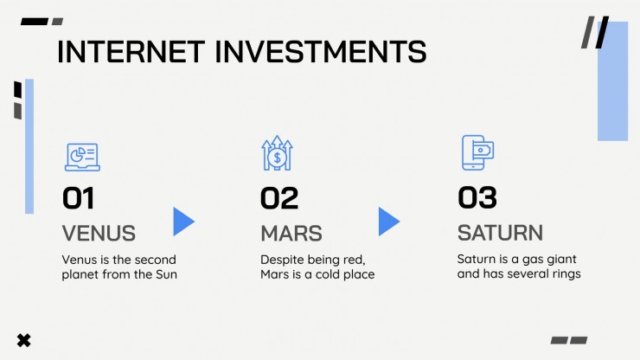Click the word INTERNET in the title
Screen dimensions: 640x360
[131, 52]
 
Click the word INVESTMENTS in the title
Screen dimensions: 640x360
[321, 52]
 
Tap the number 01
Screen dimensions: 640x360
[79, 198]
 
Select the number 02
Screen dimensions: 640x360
[279, 198]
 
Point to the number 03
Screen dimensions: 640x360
[477, 197]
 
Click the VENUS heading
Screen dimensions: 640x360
[99, 234]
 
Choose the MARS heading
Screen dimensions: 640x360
[291, 234]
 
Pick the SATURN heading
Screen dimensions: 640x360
[500, 233]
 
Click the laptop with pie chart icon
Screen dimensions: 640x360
[82, 157]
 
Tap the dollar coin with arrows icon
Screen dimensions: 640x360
[277, 153]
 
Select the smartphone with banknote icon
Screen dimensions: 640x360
[477, 152]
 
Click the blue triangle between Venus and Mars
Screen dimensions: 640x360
[183, 222]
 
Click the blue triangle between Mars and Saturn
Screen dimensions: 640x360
[389, 222]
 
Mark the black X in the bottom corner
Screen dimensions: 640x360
[23, 340]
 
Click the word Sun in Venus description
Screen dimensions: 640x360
[166, 274]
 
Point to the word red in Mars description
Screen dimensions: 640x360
[355, 260]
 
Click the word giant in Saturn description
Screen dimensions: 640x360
[561, 260]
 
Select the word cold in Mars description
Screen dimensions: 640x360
[328, 274]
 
